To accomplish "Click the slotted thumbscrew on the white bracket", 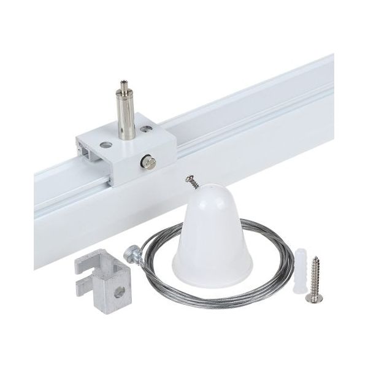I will pos(149,161).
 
